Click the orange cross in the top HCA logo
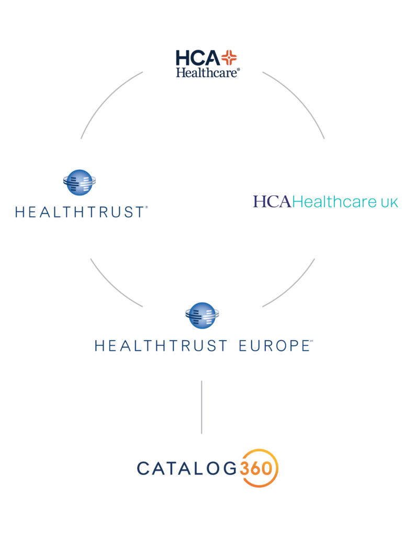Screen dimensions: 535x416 [x=228, y=57]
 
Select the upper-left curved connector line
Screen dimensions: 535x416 [x=105, y=99]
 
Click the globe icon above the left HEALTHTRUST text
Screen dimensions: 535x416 [x=80, y=181]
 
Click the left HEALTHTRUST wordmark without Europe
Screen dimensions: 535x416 [x=81, y=212]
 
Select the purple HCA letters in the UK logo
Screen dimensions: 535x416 [x=272, y=202]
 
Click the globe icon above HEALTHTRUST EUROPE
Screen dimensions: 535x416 [x=202, y=315]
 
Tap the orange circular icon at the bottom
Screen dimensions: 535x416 [x=259, y=466]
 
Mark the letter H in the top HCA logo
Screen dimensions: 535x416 [x=184, y=57]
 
